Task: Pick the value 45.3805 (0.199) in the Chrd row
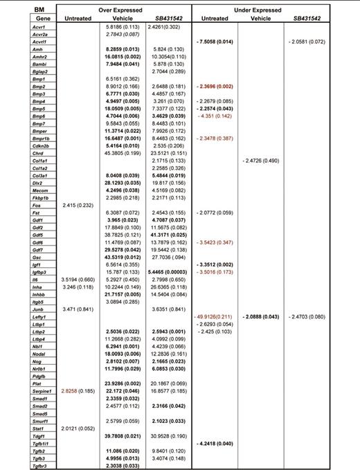point(119,153)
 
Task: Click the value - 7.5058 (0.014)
point(215,42)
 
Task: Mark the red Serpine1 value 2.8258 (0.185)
point(78,391)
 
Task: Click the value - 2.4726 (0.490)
point(261,160)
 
